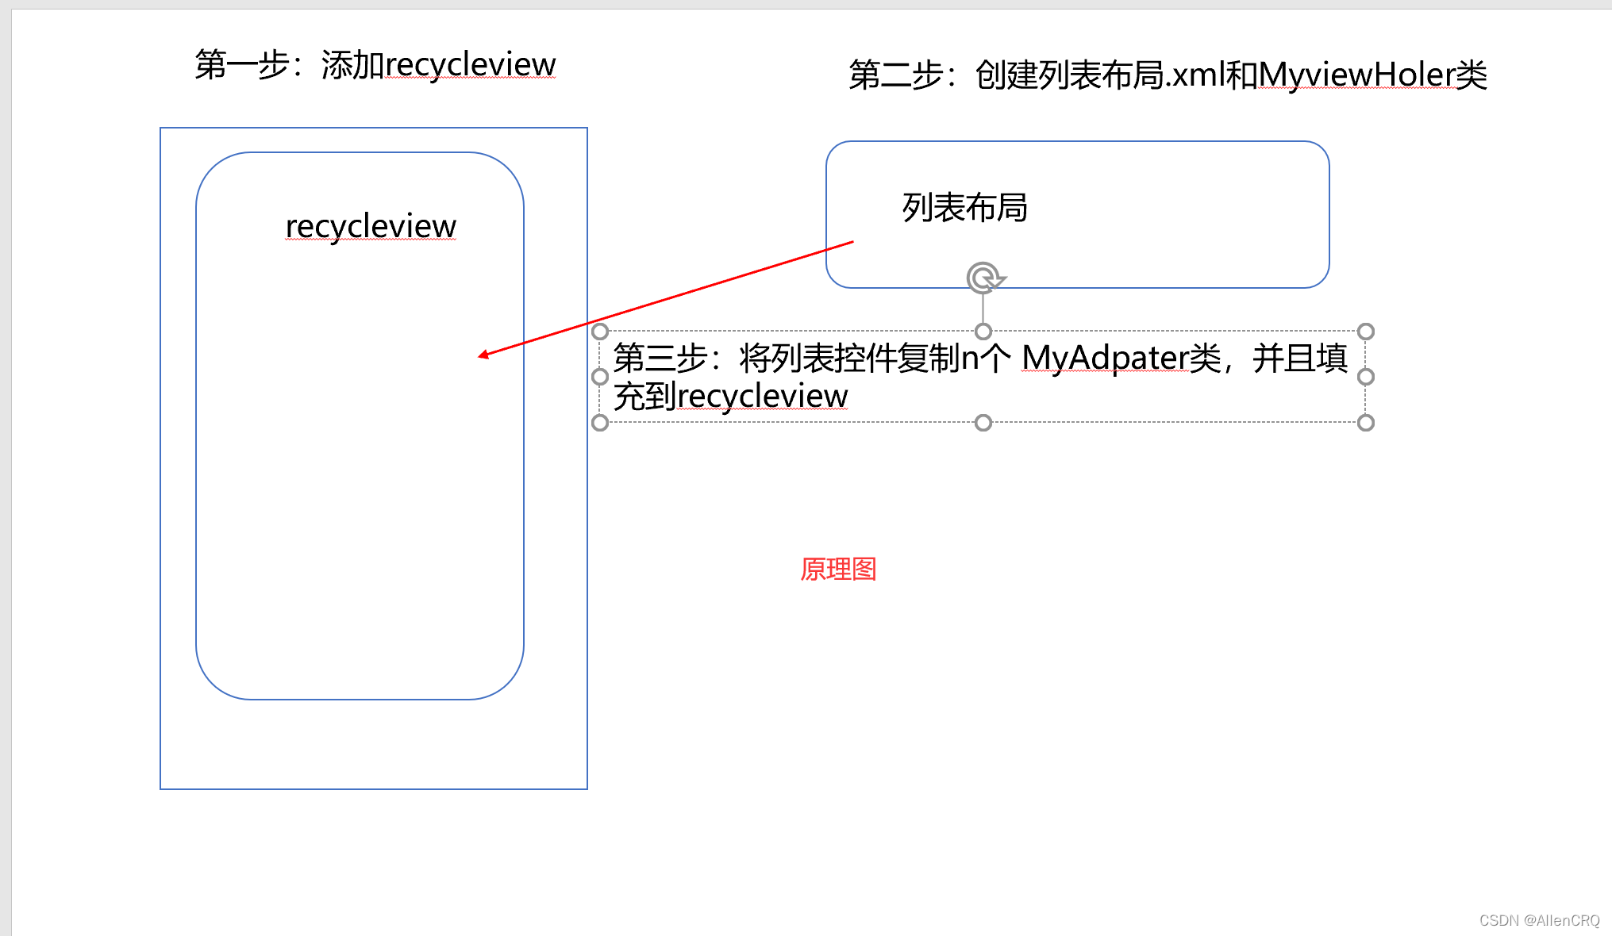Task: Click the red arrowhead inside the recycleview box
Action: click(x=483, y=355)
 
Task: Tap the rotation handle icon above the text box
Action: click(x=984, y=278)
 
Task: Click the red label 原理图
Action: click(x=838, y=569)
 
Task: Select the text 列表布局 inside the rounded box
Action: click(x=964, y=208)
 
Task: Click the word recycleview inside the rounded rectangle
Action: click(x=371, y=226)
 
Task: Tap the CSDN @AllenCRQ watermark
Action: click(x=1539, y=920)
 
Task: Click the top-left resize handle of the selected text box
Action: click(x=600, y=332)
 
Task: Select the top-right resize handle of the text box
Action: click(x=1366, y=332)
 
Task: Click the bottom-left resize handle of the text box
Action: click(x=600, y=423)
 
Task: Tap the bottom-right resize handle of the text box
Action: click(x=1366, y=423)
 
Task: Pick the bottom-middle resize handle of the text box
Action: click(x=983, y=423)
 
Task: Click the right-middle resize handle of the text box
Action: click(x=1366, y=377)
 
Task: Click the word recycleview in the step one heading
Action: click(x=471, y=65)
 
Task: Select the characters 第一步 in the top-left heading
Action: click(x=242, y=65)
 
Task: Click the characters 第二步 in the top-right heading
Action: click(x=896, y=75)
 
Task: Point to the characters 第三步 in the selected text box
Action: click(x=660, y=358)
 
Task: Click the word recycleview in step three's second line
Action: click(x=763, y=396)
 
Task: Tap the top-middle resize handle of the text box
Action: click(x=983, y=332)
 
